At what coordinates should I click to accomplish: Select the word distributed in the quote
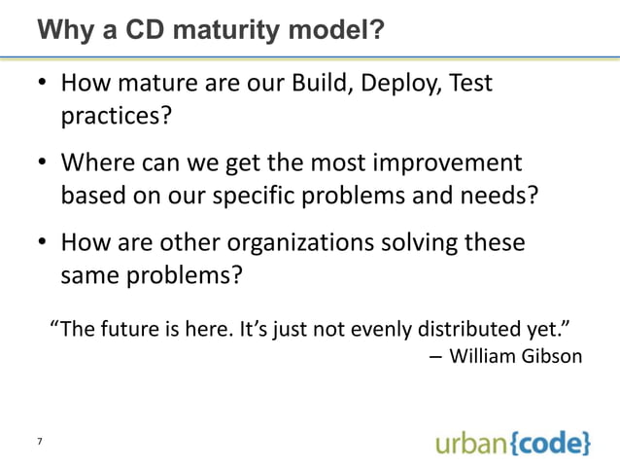point(481,326)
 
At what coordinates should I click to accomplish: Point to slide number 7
point(39,443)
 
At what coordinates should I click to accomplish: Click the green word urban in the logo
point(464,443)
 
